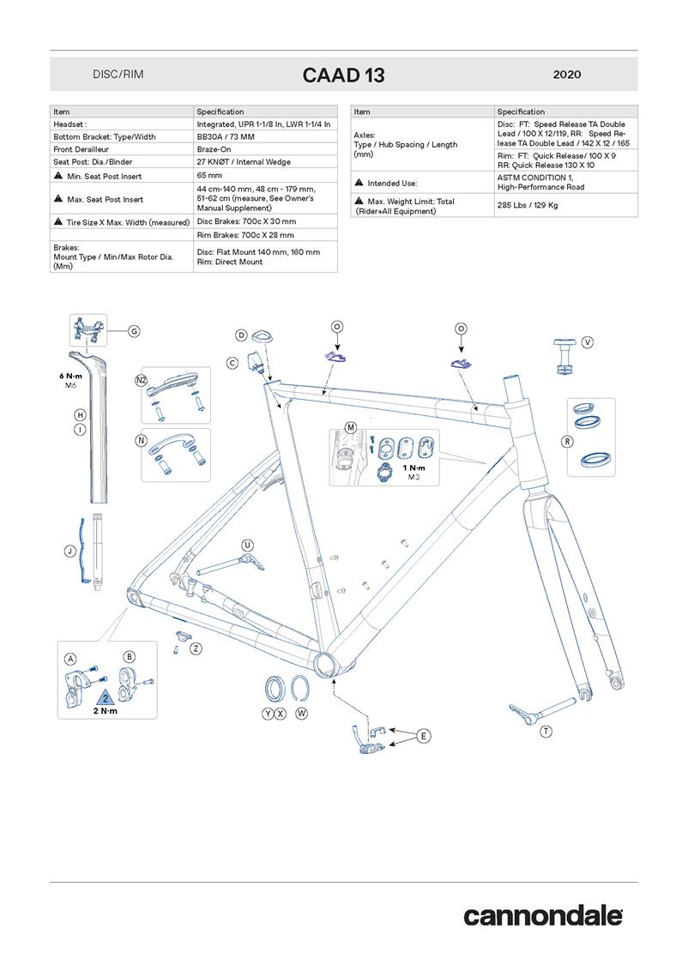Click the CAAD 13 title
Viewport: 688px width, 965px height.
pyautogui.click(x=343, y=75)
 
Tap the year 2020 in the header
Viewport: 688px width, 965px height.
pyautogui.click(x=567, y=75)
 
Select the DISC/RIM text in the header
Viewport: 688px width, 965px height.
pyautogui.click(x=118, y=75)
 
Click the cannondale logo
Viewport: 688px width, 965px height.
pyautogui.click(x=543, y=915)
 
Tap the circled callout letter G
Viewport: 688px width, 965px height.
pyautogui.click(x=134, y=331)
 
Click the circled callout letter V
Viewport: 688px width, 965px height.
pyautogui.click(x=588, y=341)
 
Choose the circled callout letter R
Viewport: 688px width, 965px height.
pyautogui.click(x=567, y=441)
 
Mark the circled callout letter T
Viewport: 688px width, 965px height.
pyautogui.click(x=546, y=731)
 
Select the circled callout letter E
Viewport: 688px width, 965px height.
pyautogui.click(x=424, y=735)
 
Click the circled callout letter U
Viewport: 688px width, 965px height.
pyautogui.click(x=247, y=545)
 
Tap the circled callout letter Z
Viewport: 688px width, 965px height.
pyautogui.click(x=196, y=648)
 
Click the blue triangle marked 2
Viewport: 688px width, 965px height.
pyautogui.click(x=105, y=697)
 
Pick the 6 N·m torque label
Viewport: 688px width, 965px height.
pyautogui.click(x=71, y=376)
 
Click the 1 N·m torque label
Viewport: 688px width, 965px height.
pyautogui.click(x=413, y=468)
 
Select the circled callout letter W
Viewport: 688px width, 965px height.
pyautogui.click(x=301, y=714)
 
